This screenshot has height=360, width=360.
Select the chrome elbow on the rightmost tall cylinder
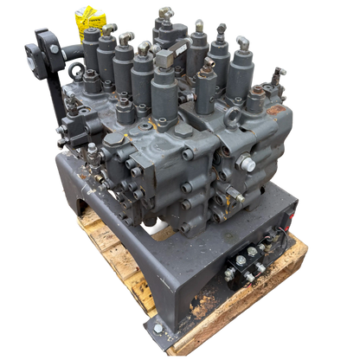247,41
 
